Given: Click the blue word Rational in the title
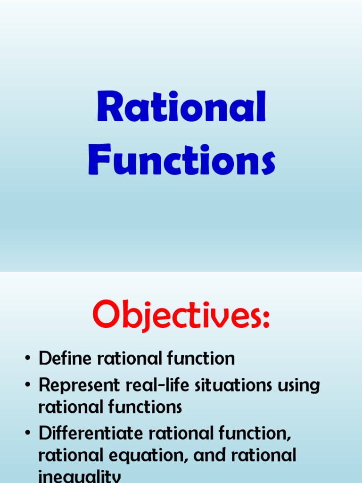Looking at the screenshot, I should (x=181, y=108).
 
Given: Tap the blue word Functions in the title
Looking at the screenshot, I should (x=181, y=160).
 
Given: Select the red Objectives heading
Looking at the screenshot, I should (x=181, y=315).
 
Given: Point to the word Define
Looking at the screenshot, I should (x=66, y=358).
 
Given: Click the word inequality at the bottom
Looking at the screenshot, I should (x=80, y=477).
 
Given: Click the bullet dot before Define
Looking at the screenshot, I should (x=28, y=359).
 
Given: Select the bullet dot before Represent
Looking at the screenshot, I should (x=28, y=386).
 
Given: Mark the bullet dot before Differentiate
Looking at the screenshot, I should (x=28, y=433).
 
